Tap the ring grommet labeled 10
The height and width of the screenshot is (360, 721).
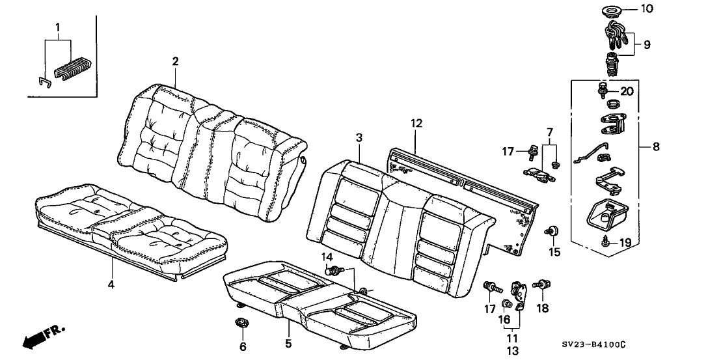point(612,10)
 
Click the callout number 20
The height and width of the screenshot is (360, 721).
point(626,91)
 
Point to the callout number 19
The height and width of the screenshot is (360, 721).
point(625,243)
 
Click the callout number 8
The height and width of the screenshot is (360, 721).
point(655,147)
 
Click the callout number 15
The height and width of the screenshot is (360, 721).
point(554,251)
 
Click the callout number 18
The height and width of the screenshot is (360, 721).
point(541,307)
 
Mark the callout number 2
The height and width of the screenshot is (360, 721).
point(175,61)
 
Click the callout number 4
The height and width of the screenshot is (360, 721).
point(112,284)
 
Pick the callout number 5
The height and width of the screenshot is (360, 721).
point(288,343)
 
